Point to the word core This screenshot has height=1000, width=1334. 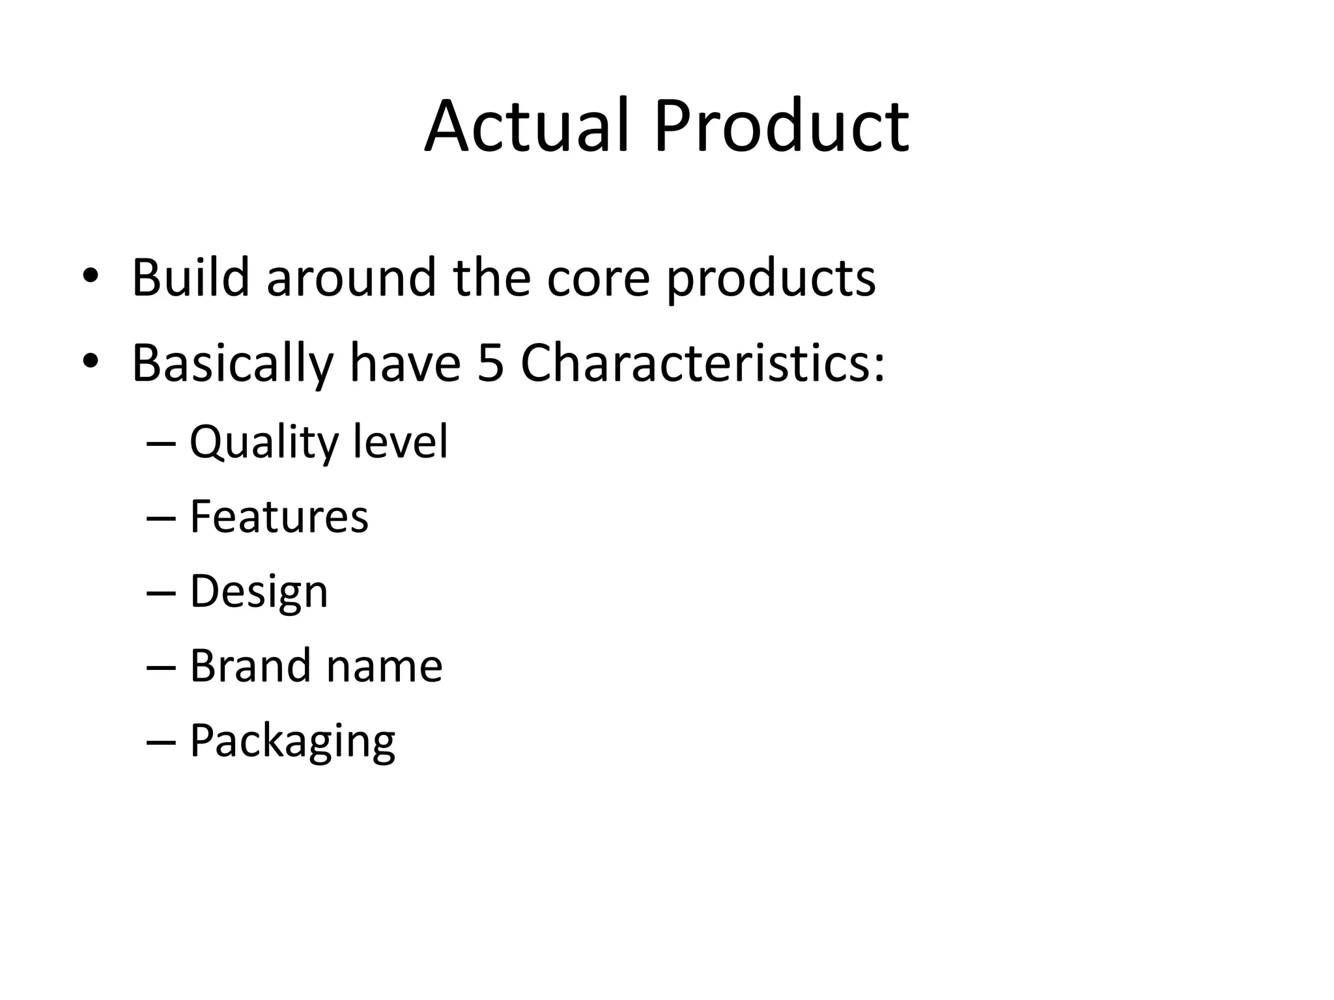[x=598, y=279]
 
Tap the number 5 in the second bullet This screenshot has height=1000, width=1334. [x=490, y=363]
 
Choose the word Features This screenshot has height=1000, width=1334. [x=279, y=516]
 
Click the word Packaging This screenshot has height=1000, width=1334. [x=292, y=742]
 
